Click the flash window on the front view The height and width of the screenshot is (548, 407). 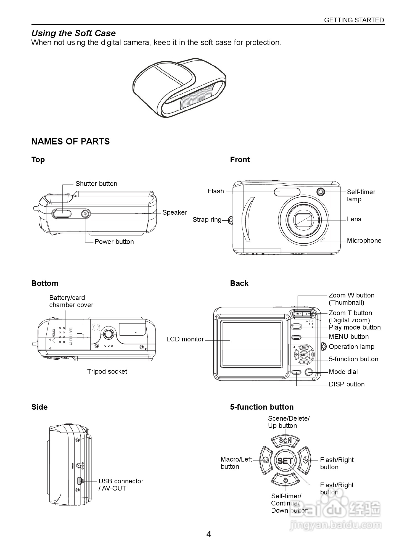(x=287, y=192)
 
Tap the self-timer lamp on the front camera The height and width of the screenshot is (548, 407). (x=320, y=191)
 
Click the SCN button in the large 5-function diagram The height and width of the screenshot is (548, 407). (x=285, y=441)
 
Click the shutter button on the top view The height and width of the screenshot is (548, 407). (x=61, y=214)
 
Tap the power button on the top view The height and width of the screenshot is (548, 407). (x=85, y=214)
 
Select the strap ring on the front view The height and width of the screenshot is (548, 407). (x=231, y=220)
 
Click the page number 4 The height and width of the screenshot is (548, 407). (x=209, y=534)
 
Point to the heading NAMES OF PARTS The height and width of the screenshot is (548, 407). (x=70, y=141)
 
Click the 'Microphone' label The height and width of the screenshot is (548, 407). (x=364, y=241)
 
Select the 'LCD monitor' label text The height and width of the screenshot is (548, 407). (x=185, y=339)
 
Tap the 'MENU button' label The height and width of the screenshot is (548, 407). (x=349, y=337)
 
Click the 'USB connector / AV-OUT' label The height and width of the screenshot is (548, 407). (x=121, y=485)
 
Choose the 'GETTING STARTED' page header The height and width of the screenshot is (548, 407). (x=354, y=20)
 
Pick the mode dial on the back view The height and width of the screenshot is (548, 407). (x=309, y=372)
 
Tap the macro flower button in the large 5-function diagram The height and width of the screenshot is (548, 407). (x=265, y=460)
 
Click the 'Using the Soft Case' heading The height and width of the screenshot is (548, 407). (x=73, y=33)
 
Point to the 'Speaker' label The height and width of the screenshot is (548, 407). (x=175, y=212)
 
